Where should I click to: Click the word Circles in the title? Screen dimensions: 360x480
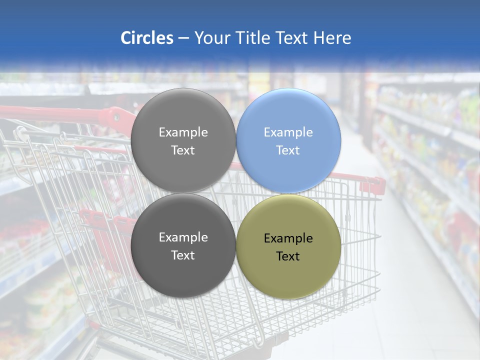146,38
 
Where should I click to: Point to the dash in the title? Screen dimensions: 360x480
183,38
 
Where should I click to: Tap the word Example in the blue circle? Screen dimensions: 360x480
288,132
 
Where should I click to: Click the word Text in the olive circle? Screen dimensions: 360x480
288,256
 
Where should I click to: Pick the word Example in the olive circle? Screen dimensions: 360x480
288,238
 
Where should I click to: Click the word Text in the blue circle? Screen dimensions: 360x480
288,150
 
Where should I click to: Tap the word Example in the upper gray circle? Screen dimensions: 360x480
183,132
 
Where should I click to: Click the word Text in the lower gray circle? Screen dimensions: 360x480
183,255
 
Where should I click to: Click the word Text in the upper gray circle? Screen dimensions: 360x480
183,150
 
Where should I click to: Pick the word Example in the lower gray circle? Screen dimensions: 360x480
183,237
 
